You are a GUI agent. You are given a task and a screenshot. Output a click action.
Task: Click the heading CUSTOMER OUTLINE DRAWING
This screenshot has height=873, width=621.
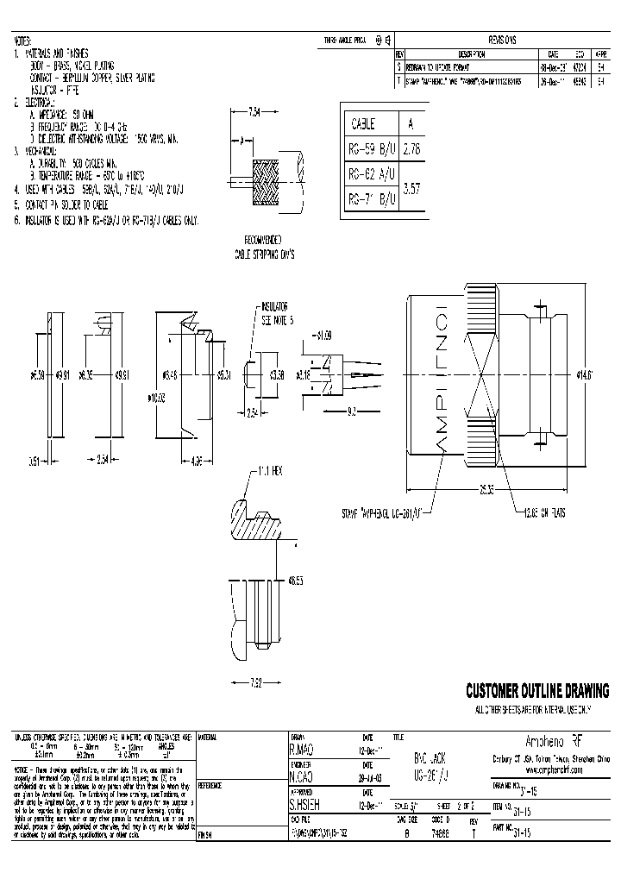(x=536, y=691)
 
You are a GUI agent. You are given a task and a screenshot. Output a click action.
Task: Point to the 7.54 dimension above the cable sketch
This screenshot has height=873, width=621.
(x=254, y=111)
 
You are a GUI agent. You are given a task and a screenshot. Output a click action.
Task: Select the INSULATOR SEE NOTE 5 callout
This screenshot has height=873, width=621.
(x=279, y=311)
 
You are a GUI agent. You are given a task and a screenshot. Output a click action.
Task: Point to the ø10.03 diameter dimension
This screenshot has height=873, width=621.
(x=157, y=398)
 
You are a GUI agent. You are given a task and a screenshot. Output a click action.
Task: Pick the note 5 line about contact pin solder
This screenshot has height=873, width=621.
(x=70, y=206)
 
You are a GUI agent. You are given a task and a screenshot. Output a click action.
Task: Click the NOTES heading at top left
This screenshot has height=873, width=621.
(x=22, y=41)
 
